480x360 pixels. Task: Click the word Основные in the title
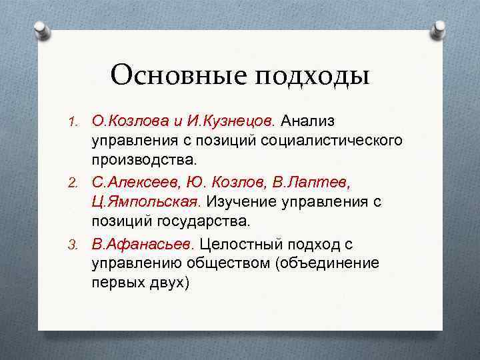tap(177, 76)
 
